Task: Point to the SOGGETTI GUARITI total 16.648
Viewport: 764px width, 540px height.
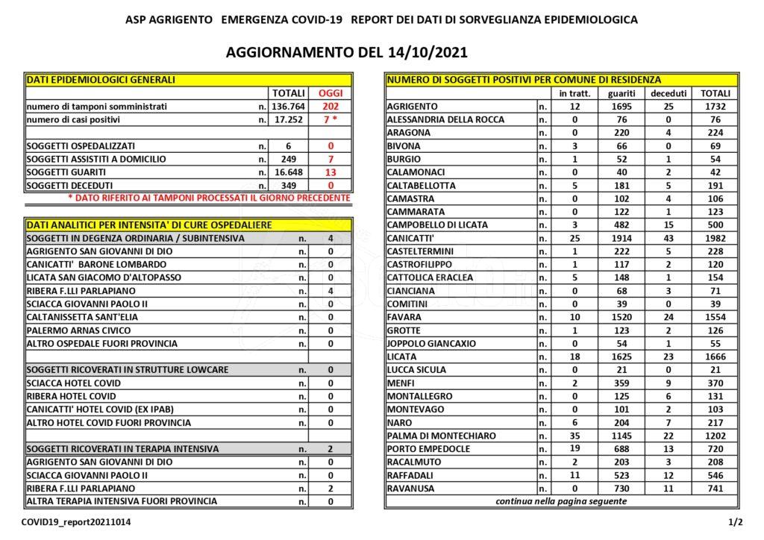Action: tap(288, 172)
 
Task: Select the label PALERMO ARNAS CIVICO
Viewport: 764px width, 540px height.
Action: tap(78, 330)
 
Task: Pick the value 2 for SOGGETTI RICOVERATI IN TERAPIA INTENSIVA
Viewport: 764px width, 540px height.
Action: tap(331, 449)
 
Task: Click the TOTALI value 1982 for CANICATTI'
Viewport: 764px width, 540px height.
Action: tap(715, 238)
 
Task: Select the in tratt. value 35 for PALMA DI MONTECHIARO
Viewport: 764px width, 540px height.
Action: tap(574, 436)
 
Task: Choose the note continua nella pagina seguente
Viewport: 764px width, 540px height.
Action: tap(561, 501)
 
